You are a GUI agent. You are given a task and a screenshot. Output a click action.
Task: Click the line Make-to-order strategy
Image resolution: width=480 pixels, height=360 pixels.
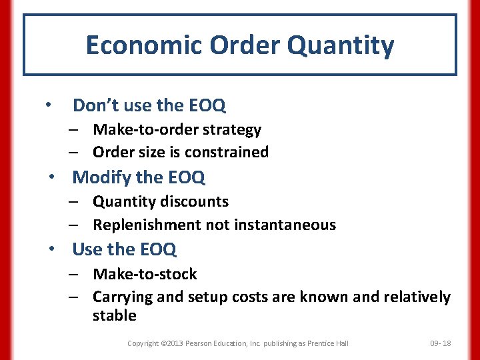177,130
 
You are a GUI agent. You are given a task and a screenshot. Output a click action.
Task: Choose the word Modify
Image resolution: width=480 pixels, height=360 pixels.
101,177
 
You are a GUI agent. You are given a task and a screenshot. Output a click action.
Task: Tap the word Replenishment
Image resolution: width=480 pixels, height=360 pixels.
147,225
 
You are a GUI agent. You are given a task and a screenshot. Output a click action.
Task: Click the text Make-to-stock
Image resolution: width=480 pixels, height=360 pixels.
145,274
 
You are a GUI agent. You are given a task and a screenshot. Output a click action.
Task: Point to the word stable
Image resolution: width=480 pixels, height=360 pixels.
114,315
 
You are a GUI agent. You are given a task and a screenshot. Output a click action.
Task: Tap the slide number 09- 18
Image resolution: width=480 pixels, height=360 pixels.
440,343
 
